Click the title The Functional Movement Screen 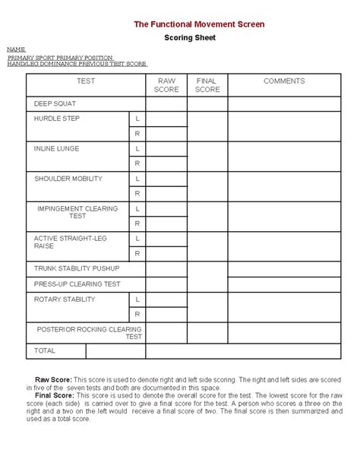[199, 24]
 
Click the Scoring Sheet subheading [190, 37]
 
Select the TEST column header [86, 81]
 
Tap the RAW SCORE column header [166, 84]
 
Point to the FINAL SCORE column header [207, 84]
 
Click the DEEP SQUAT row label [55, 103]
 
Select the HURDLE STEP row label [56, 119]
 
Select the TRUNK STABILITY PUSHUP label [77, 268]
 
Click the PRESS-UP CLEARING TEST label [77, 284]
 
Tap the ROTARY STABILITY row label [65, 299]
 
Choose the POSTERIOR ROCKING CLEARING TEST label [89, 332]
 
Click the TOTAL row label [45, 351]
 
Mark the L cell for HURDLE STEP [137, 119]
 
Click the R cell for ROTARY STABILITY [137, 313]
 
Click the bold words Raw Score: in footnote [54, 379]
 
